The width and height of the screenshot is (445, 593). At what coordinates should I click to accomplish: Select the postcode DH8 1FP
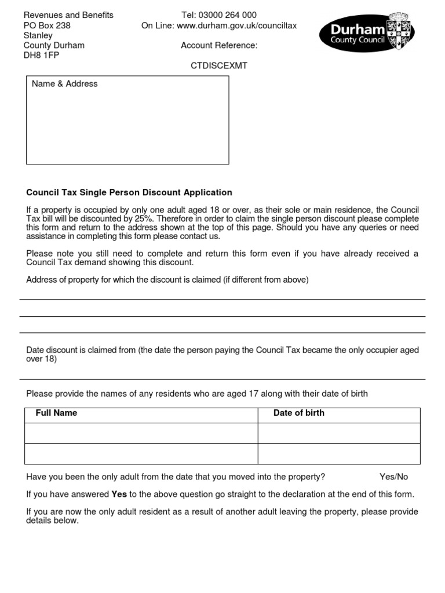41,56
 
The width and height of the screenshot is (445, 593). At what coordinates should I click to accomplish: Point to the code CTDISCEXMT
219,65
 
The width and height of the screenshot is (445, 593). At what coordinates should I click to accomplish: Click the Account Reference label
219,46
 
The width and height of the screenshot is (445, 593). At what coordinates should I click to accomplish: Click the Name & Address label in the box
64,84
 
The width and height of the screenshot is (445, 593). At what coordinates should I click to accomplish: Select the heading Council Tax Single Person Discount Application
129,192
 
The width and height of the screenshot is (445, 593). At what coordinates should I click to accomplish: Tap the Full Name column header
56,413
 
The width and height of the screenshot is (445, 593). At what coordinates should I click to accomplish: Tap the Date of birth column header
298,413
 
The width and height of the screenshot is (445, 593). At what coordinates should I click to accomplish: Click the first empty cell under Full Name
141,433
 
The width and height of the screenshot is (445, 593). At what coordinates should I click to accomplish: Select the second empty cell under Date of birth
338,454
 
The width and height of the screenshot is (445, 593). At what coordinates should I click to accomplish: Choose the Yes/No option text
393,477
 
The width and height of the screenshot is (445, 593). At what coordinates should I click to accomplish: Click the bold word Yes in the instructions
119,494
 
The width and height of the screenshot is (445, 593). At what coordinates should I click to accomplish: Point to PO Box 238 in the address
47,25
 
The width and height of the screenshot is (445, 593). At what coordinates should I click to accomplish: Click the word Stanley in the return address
38,35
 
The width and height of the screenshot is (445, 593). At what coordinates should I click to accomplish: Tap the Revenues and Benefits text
68,15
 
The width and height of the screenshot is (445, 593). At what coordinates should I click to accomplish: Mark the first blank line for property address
222,299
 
